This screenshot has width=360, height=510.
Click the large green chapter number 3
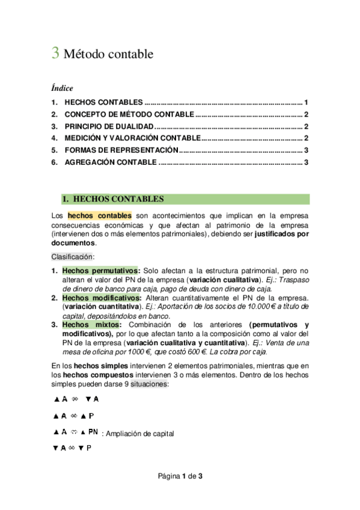55,54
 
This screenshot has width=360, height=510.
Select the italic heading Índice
62,88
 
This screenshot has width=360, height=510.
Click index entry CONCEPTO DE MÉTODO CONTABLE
129,114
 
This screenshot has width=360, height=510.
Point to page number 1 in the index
306,102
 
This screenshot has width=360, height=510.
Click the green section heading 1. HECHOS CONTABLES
113,199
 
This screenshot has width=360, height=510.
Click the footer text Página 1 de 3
180,476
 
